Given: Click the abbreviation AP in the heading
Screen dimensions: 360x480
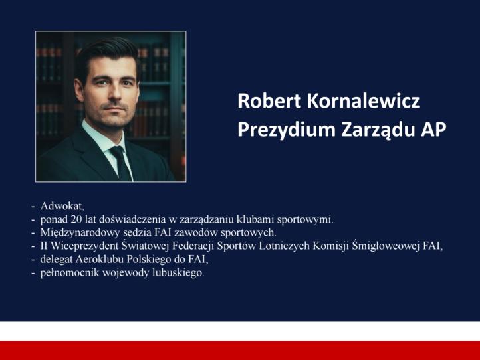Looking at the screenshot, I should click(x=433, y=130).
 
